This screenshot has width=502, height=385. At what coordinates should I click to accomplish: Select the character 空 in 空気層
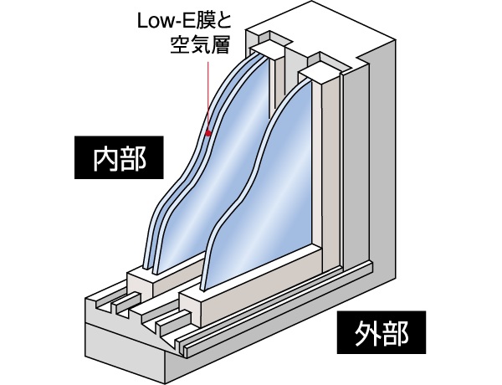[x=179, y=40]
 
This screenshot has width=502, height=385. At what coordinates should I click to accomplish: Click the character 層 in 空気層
[x=219, y=40]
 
